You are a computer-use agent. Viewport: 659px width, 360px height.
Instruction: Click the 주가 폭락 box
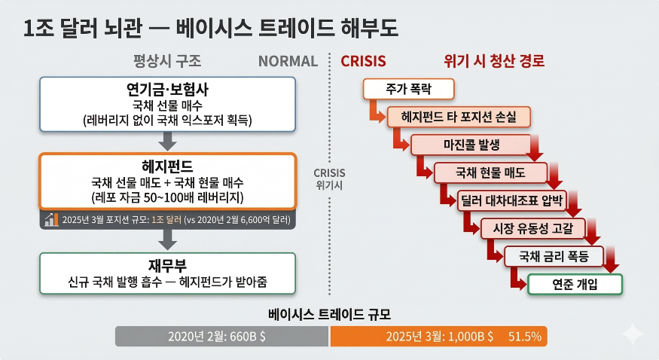[408, 89]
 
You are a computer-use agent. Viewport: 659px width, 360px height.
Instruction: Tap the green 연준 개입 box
[575, 284]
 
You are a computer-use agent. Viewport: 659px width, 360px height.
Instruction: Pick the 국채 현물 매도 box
[490, 172]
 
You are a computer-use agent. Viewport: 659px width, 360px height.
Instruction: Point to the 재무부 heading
[167, 266]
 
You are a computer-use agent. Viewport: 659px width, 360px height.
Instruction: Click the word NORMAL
[288, 61]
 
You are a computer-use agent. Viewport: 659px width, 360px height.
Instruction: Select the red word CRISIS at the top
[364, 61]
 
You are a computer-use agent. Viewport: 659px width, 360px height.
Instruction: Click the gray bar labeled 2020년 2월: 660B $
[222, 337]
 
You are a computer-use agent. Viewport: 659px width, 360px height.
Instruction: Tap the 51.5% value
[525, 337]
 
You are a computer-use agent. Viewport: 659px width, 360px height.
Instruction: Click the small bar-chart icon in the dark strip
[51, 220]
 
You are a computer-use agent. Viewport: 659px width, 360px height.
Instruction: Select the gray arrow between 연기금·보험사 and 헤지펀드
[168, 140]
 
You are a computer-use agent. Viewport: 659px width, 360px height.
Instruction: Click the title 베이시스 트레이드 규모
[329, 314]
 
